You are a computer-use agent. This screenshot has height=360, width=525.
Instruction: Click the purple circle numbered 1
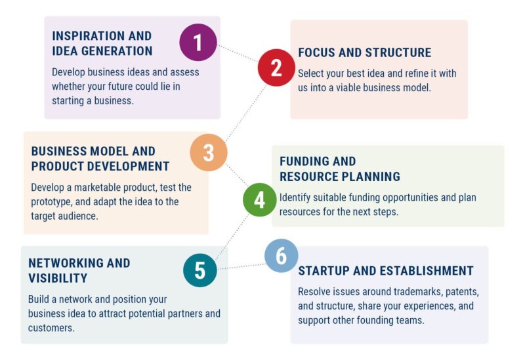click(198, 42)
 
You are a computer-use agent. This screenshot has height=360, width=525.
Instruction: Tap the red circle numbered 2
click(276, 68)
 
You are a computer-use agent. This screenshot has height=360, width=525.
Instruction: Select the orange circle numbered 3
click(209, 153)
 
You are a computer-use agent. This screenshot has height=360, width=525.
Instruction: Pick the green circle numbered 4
click(260, 200)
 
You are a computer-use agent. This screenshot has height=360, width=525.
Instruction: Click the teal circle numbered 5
click(200, 270)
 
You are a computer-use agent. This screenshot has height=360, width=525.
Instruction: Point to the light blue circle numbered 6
click(282, 256)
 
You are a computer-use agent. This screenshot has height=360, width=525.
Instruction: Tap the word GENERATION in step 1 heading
click(117, 51)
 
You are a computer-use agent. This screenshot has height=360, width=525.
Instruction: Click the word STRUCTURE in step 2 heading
click(398, 52)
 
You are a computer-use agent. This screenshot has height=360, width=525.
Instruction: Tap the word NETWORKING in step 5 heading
click(66, 263)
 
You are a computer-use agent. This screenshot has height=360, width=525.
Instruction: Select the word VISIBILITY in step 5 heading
click(58, 278)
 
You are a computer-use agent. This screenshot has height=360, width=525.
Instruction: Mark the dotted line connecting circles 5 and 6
click(241, 266)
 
